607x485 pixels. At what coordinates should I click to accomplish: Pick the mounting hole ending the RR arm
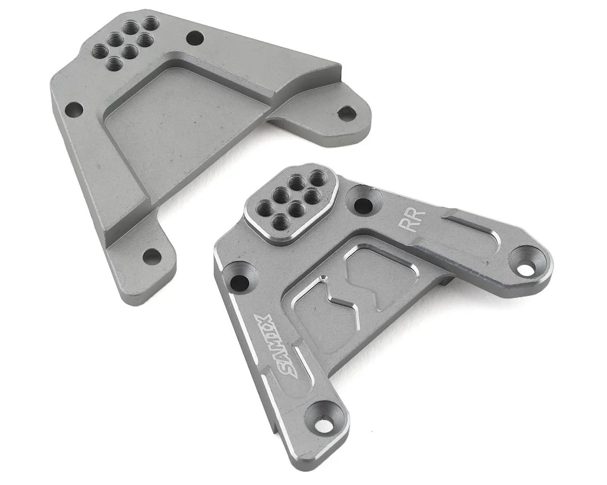(526, 268)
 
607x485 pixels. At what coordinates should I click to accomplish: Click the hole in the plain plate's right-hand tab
(346, 113)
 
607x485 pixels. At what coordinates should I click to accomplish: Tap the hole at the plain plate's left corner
(74, 109)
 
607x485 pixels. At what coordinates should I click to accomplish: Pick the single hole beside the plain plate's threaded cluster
(195, 37)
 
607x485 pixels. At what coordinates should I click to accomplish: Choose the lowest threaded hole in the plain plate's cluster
(115, 63)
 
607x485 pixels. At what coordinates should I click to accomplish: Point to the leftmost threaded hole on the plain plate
(100, 50)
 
